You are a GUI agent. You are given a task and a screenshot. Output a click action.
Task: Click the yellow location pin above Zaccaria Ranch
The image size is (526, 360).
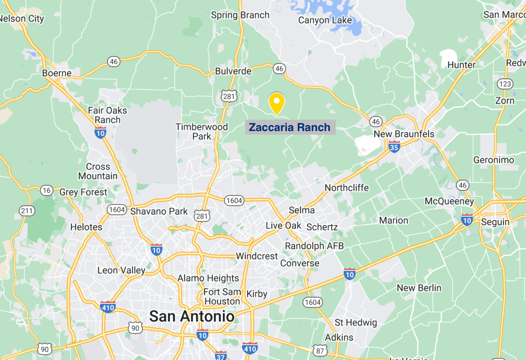pos(277,102)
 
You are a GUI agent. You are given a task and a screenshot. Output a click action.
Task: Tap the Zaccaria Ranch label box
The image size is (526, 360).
pos(290,127)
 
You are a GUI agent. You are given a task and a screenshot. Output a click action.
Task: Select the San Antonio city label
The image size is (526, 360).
pos(192,316)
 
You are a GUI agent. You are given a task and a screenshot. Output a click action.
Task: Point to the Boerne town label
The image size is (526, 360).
pos(57,73)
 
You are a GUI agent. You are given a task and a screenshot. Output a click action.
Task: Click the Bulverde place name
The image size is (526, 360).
pos(233,71)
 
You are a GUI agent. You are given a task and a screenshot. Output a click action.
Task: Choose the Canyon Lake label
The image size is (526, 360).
pos(325,20)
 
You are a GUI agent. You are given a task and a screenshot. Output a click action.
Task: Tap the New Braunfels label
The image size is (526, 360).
pos(404,134)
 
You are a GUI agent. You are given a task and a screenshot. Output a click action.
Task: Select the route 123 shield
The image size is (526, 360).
pos(505,84)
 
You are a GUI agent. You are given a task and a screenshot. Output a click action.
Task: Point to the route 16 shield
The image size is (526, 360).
pos(47,190)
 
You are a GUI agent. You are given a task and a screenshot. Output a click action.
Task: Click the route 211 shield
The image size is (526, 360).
pos(27,211)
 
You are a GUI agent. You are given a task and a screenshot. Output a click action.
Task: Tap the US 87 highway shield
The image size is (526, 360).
pos(320,351)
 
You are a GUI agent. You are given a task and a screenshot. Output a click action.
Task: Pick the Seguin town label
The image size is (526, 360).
pos(495,222)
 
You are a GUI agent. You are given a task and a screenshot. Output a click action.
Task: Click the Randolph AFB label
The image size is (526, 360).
pos(314,246)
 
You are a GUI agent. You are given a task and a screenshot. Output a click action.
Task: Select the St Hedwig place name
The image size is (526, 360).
pos(355,322)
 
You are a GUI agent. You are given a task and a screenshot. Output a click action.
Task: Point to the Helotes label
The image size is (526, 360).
pos(86,227)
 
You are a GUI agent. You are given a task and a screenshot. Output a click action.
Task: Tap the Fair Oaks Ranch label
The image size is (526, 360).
pos(107,115)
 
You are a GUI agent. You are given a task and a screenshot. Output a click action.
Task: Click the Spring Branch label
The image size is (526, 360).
pos(240,15)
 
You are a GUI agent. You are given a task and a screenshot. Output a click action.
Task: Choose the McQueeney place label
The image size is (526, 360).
pos(449,201)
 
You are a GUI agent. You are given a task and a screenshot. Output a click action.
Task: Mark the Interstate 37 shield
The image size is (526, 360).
pos(221,355)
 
